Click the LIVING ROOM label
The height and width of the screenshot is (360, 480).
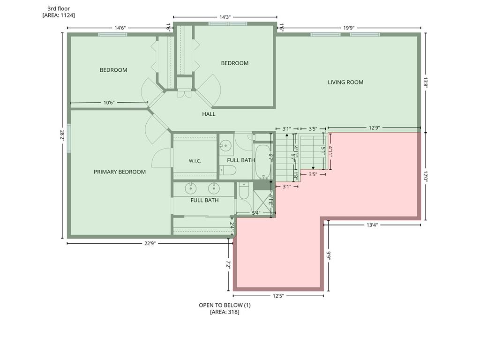tap(345, 82)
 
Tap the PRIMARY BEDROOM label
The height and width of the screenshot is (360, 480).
tap(120, 172)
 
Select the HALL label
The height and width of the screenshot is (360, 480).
tap(209, 114)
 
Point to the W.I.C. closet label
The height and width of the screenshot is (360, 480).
tap(195, 161)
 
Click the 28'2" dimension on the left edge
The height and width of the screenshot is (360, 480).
tap(62, 135)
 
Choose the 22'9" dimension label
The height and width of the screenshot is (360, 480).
tap(150, 243)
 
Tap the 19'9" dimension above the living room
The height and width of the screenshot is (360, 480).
tap(349, 28)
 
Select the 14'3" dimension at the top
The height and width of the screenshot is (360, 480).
tap(225, 17)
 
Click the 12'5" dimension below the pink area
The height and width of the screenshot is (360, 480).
tap(278, 296)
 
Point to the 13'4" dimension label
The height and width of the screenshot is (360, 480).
tap(372, 225)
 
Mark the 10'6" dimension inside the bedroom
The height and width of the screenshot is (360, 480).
tap(109, 103)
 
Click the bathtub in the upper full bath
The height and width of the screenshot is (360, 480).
tap(262, 162)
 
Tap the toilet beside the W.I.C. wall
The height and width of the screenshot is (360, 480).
tap(228, 170)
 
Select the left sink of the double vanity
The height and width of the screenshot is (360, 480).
tap(191, 188)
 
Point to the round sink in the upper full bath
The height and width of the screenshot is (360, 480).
tap(226, 145)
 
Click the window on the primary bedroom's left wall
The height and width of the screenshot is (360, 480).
tap(69, 138)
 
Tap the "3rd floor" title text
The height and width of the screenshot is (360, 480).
tap(59, 8)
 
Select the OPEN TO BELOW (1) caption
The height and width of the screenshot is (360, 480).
tap(225, 305)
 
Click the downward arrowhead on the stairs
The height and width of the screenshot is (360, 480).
tap(313, 168)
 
